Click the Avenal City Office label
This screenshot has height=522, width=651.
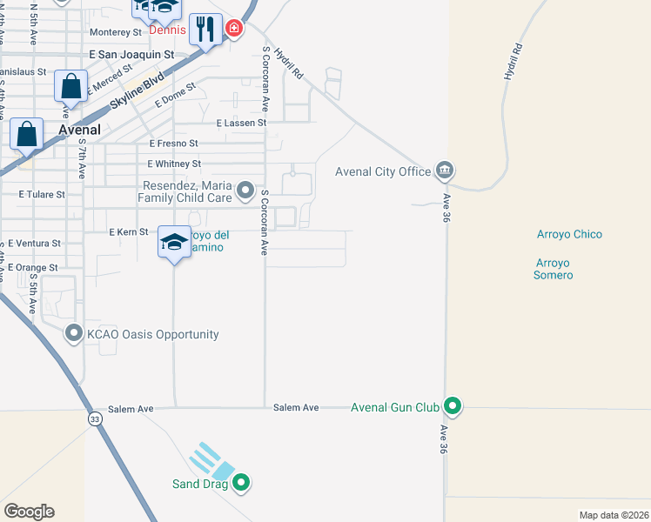(383, 171)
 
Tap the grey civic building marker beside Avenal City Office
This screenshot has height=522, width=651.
(445, 170)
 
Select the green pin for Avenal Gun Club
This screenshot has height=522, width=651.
(452, 406)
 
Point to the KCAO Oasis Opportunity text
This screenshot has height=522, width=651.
(151, 334)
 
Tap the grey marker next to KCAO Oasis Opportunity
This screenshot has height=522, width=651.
(73, 334)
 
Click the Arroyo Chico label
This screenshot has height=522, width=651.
(569, 234)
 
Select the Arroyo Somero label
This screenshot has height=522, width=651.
(554, 269)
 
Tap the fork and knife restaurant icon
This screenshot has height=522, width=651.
(205, 30)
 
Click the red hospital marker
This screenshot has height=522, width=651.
(233, 30)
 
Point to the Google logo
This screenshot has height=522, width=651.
(29, 512)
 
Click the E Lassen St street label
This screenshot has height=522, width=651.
(240, 124)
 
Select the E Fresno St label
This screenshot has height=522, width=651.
(174, 143)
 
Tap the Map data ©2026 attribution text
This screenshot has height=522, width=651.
(614, 515)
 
